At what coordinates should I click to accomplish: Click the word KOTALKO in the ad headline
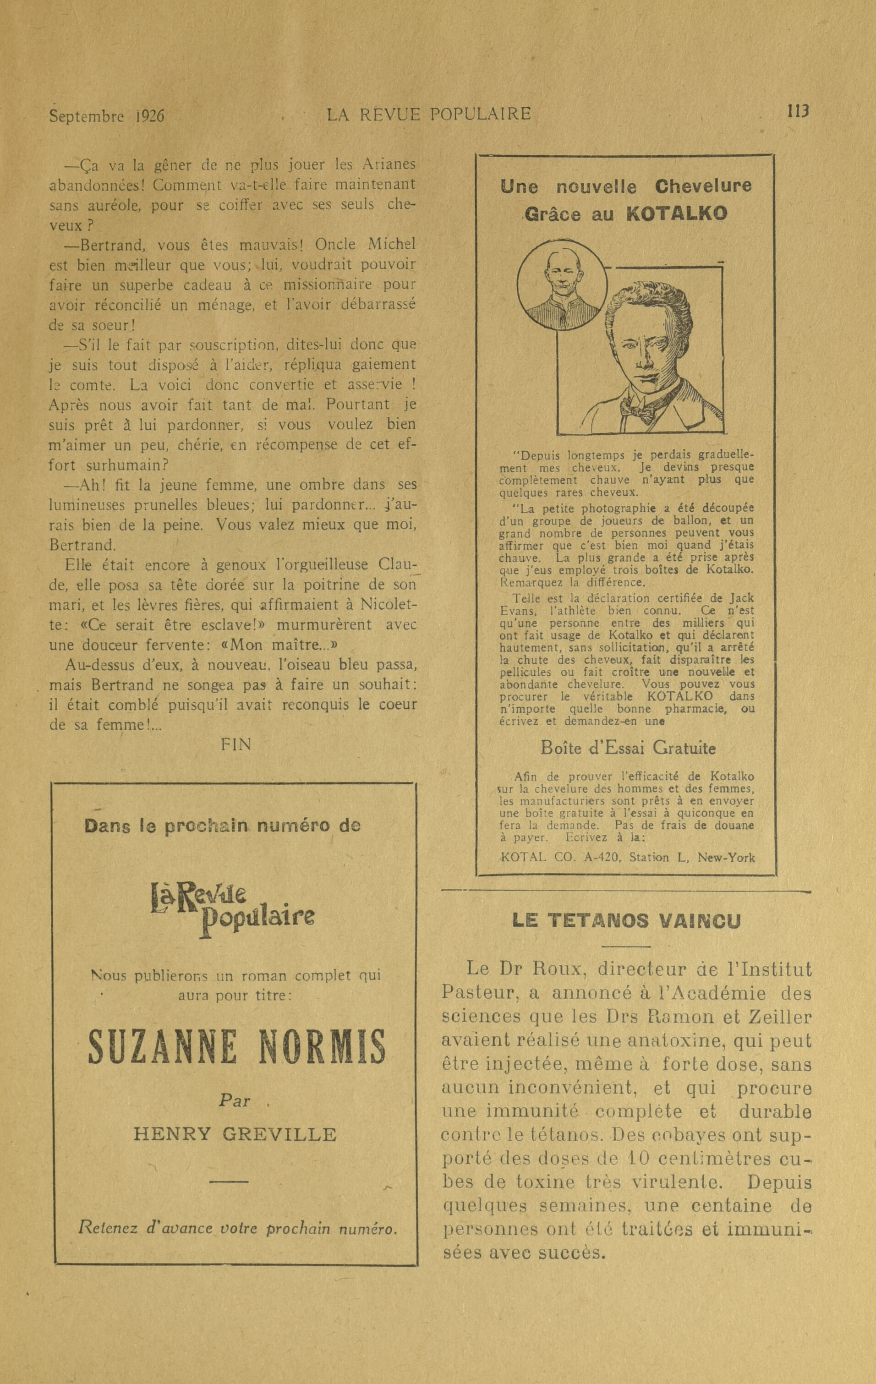(x=676, y=214)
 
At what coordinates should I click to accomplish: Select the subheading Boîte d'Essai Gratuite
(x=628, y=748)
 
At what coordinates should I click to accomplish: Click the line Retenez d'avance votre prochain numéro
(x=238, y=1229)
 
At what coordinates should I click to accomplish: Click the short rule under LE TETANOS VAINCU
(x=626, y=946)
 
